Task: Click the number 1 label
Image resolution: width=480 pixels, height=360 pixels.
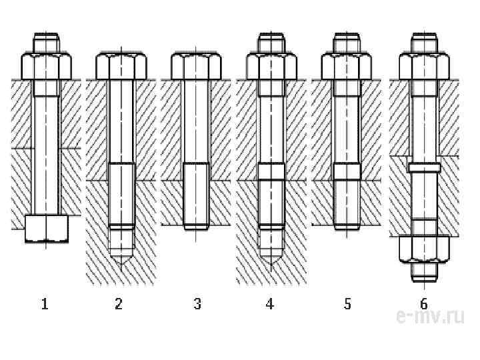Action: click(45, 305)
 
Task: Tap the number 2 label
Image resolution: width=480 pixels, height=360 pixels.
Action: click(119, 305)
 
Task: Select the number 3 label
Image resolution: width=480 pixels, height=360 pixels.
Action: click(197, 305)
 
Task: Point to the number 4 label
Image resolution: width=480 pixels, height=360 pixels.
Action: click(269, 305)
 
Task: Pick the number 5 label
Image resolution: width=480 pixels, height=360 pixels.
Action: click(347, 305)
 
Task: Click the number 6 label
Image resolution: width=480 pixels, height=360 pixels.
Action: click(424, 305)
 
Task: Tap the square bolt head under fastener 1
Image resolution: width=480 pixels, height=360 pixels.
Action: click(46, 228)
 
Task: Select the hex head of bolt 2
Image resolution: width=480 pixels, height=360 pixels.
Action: click(121, 67)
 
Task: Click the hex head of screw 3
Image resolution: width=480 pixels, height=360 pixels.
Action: click(196, 67)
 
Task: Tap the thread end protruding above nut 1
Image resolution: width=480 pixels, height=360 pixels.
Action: click(47, 41)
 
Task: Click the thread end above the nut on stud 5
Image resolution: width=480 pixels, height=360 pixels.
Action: click(347, 41)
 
